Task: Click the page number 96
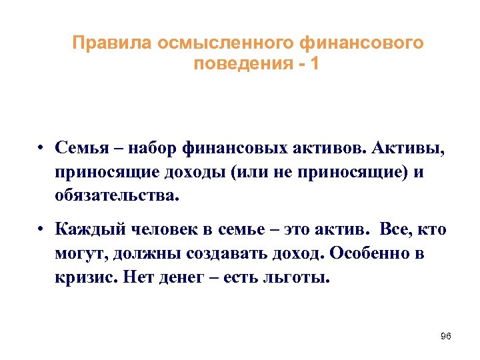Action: pyautogui.click(x=446, y=336)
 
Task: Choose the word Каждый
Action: pyautogui.click(x=85, y=231)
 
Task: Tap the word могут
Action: pyautogui.click(x=81, y=254)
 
